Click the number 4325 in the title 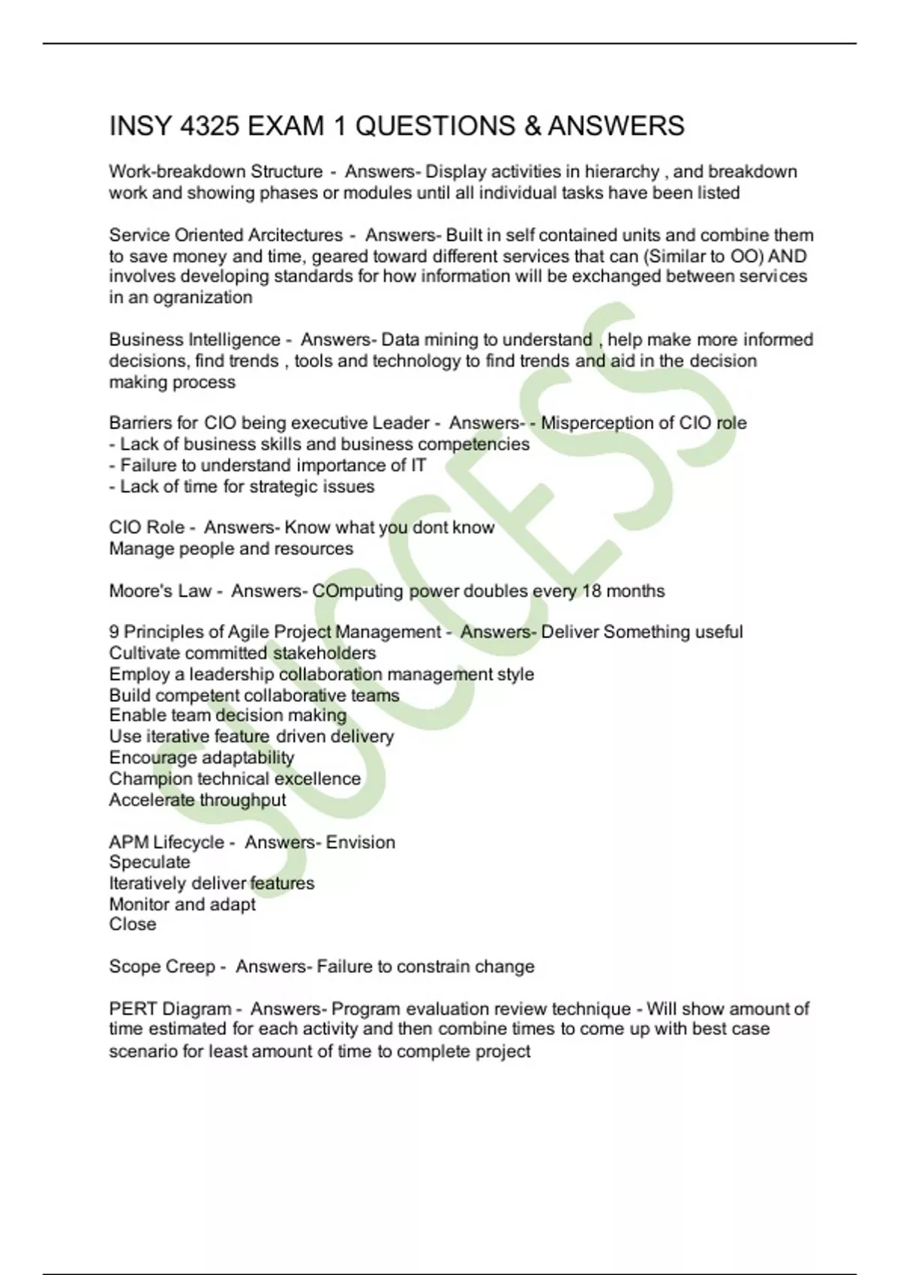pos(210,126)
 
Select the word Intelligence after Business pos(234,340)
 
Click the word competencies pos(473,444)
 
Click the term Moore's pos(139,591)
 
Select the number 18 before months pos(592,591)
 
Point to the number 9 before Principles pos(114,632)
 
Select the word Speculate pos(149,862)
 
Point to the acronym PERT pos(133,1009)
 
